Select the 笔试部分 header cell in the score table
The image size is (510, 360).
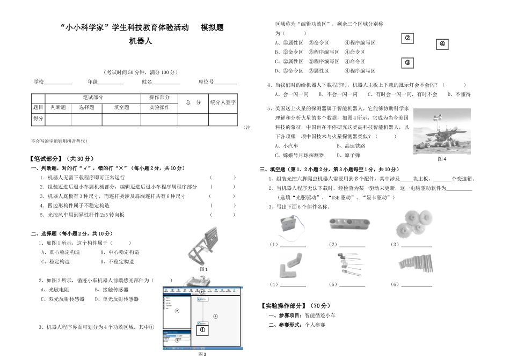93,98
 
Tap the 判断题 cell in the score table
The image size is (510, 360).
58,107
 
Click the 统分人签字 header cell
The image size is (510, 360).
222,102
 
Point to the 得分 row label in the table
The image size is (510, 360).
38,119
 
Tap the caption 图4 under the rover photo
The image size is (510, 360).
442,159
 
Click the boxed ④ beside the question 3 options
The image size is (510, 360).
442,44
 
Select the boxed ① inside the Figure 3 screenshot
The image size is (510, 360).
203,330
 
